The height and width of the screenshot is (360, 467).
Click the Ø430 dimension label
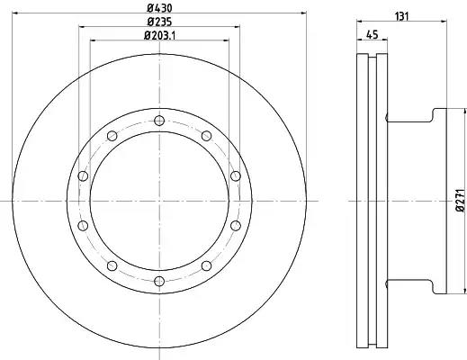tap(159, 8)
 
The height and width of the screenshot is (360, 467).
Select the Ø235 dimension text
tap(159, 22)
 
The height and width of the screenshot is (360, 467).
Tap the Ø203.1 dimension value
tap(159, 35)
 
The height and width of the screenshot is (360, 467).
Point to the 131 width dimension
tap(402, 16)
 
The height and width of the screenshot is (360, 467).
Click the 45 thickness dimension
tap(372, 35)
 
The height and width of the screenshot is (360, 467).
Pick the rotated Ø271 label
tap(461, 201)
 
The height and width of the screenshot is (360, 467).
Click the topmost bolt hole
tap(159, 121)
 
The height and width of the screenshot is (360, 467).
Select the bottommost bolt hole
tap(159, 281)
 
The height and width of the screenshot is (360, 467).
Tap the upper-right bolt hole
tap(206, 136)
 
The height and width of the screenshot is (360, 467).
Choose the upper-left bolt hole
tap(112, 136)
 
